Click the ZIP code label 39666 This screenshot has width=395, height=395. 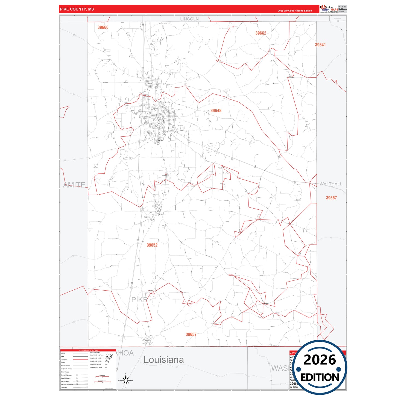[103, 27]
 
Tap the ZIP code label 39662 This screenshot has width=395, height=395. [261, 33]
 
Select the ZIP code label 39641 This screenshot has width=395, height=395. [320, 45]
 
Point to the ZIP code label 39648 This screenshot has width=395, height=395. [216, 110]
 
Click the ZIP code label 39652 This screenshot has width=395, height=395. [152, 245]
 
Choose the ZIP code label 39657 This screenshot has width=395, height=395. [191, 334]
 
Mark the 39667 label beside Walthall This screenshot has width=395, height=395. [331, 198]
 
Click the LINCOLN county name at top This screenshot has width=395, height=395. [189, 19]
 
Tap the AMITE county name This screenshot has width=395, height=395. [74, 185]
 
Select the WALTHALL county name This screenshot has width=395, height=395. [331, 184]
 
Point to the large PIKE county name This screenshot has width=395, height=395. [139, 300]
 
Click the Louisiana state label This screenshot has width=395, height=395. [163, 360]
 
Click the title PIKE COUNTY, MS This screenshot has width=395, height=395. [77, 9]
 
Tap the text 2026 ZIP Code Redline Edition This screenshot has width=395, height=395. [295, 11]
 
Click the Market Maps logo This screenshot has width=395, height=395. [329, 9]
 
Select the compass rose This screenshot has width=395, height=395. [125, 380]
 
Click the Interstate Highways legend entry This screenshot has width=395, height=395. [67, 384]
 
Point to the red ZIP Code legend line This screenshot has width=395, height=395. [80, 359]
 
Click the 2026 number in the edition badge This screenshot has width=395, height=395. [320, 360]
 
